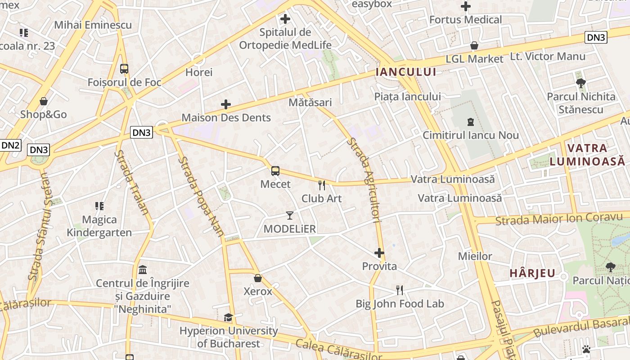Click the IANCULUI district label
[x=406, y=72]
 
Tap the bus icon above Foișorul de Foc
[x=124, y=69]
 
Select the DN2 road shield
[x=10, y=145]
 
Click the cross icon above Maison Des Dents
[x=226, y=105]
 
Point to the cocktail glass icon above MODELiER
[x=290, y=216]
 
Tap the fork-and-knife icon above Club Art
[x=322, y=185]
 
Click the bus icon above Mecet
[x=275, y=171]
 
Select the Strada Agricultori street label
[x=365, y=180]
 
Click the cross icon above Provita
[x=379, y=253]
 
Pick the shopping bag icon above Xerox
[x=258, y=278]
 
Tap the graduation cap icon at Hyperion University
[x=229, y=318]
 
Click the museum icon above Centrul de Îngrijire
[x=143, y=270]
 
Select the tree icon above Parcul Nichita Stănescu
[x=580, y=83]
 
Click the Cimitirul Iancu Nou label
[x=471, y=135]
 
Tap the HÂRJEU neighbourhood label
[x=533, y=273]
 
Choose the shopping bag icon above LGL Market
[x=474, y=45]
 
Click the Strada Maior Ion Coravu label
[x=558, y=219]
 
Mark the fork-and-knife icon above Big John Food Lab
[x=400, y=290]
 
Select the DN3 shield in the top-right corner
[x=596, y=37]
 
